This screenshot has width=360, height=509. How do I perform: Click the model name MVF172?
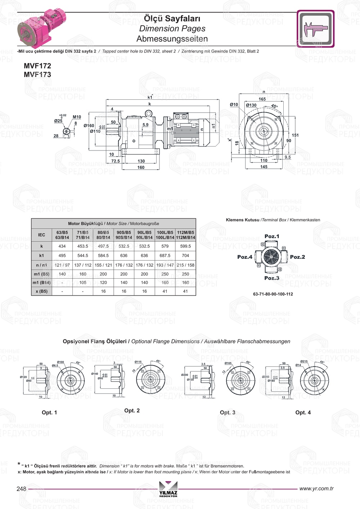[37, 66]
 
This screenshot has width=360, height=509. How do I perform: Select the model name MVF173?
[37, 75]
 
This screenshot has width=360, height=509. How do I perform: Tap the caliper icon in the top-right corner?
[316, 29]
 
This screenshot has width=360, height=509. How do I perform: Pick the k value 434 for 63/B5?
[62, 246]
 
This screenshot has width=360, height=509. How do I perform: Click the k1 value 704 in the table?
[185, 256]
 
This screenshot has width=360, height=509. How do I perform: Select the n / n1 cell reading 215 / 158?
[185, 265]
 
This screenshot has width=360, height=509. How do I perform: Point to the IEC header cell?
[42, 235]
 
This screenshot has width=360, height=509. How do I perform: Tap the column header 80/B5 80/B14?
[103, 235]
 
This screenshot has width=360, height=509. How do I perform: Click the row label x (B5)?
[42, 291]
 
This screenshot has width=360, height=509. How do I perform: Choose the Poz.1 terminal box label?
[272, 237]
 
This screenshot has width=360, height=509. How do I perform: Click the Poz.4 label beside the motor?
[245, 257]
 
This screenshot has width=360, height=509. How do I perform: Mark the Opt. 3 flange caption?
[228, 413]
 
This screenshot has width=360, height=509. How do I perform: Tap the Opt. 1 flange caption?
[49, 413]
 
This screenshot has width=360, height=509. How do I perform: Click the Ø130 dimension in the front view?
[251, 105]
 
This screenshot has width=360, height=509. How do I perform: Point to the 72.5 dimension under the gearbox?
[116, 161]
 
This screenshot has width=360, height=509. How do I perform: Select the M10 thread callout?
[77, 117]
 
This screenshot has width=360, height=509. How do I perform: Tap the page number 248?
[22, 489]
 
